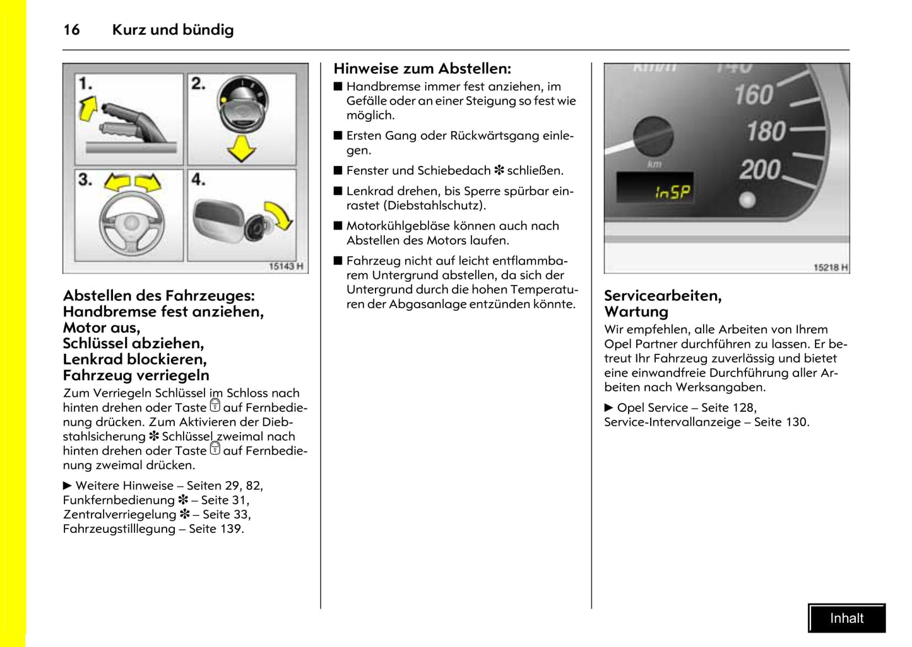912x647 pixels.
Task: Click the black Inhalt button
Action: [846, 618]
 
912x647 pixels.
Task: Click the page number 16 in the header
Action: [71, 30]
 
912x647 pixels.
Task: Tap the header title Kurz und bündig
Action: [172, 30]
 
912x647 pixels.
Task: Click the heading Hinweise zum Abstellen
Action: [422, 69]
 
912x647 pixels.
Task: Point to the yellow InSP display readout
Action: [672, 192]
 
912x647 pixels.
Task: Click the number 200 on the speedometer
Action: [760, 170]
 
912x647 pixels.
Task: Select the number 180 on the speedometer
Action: [766, 132]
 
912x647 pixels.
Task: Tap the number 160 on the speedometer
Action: [753, 95]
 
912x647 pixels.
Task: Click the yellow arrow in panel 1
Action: [88, 108]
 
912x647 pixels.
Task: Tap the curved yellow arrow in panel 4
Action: [280, 214]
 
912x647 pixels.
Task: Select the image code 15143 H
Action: [286, 267]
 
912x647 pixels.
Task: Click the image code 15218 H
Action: [830, 267]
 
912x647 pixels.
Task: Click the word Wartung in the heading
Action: [636, 312]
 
